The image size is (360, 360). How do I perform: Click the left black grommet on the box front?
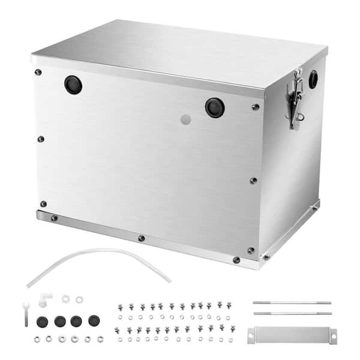[x=73, y=85]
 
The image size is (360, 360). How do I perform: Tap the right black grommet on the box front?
[x=214, y=107]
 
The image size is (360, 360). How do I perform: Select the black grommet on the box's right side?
[x=313, y=79]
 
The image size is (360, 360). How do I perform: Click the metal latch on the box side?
[x=295, y=100]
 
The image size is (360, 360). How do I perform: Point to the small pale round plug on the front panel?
[x=186, y=119]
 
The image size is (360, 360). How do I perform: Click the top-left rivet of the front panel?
[x=38, y=72]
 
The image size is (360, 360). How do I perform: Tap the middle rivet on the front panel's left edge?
[x=41, y=139]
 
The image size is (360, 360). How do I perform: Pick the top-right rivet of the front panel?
[x=256, y=107]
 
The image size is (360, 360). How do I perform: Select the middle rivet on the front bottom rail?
[x=142, y=238]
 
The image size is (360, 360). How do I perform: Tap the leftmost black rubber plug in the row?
[x=43, y=321]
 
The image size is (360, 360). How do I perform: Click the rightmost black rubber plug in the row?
[x=94, y=320]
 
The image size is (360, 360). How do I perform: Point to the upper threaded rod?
[x=292, y=302]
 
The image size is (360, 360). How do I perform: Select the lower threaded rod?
[x=292, y=313]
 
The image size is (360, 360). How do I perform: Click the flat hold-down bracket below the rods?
[x=292, y=335]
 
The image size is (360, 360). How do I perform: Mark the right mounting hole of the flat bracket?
[x=332, y=335]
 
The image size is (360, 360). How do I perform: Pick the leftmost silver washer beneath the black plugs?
[x=37, y=340]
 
